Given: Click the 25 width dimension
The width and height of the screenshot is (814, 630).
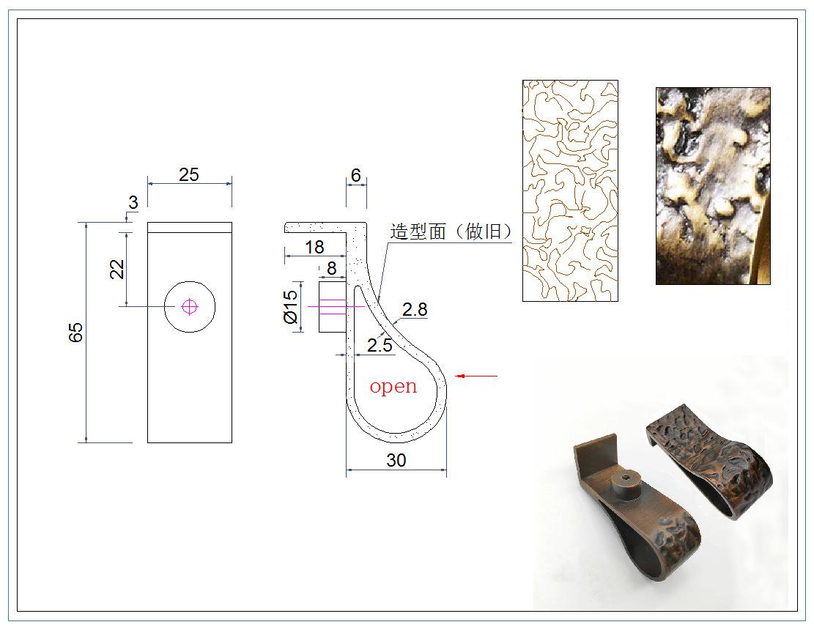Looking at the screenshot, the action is [189, 174].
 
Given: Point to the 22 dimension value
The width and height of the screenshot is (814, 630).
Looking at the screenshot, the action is [116, 269].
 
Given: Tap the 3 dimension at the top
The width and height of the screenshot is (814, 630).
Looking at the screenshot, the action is [133, 203].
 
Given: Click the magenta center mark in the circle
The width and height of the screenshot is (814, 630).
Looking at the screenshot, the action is [190, 307].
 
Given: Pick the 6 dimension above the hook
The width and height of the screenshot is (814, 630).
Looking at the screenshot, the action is [356, 175].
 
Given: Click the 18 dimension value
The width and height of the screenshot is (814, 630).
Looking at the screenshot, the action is [314, 247].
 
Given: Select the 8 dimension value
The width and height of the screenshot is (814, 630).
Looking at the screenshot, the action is [331, 269].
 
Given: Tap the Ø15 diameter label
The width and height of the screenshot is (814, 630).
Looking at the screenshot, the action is [291, 307].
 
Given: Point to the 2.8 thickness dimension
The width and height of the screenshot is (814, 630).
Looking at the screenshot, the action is [415, 309].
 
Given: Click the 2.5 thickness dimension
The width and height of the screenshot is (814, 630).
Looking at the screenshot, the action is [380, 345].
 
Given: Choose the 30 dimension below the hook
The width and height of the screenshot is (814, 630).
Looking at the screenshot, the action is [396, 460].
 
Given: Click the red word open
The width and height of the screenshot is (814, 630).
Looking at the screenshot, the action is [393, 386].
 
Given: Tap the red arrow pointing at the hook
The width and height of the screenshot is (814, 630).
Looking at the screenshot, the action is [476, 377].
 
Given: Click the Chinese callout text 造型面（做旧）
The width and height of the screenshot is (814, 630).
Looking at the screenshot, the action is [451, 231].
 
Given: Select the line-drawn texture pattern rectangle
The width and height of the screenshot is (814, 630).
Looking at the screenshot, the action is [570, 190].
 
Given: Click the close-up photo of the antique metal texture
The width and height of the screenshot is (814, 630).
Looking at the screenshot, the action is [713, 186].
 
